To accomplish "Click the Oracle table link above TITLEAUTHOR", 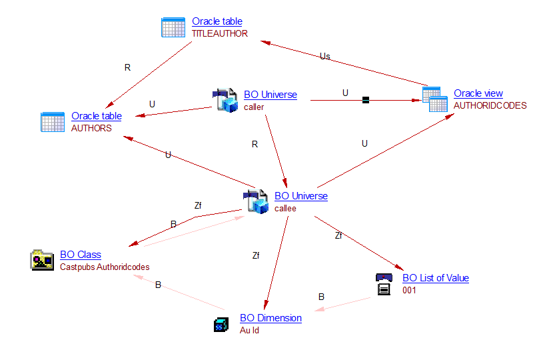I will pyautogui.click(x=217, y=21).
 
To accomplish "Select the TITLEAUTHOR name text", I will pyautogui.click(x=219, y=33).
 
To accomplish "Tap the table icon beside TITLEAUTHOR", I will pyautogui.click(x=173, y=27).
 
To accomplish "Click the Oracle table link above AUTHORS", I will pyautogui.click(x=97, y=116).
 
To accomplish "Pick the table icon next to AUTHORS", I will pyautogui.click(x=53, y=122).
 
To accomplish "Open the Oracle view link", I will pyautogui.click(x=478, y=93).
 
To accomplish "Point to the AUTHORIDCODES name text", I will pyautogui.click(x=490, y=105).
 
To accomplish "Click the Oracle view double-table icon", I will pyautogui.click(x=434, y=99).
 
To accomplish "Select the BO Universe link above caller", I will pyautogui.click(x=271, y=95).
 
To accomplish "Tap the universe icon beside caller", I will pyautogui.click(x=225, y=100).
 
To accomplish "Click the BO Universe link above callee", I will pyautogui.click(x=301, y=196).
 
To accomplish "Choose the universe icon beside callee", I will pyautogui.click(x=256, y=201).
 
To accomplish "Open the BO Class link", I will pyautogui.click(x=81, y=254).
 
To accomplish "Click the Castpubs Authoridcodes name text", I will pyautogui.click(x=105, y=267).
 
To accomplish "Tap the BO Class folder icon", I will pyautogui.click(x=42, y=260).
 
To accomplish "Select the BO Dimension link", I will pyautogui.click(x=271, y=318).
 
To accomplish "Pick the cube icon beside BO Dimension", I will pyautogui.click(x=221, y=325).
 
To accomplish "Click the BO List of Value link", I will pyautogui.click(x=436, y=278).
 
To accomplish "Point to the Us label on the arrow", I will pyautogui.click(x=325, y=56).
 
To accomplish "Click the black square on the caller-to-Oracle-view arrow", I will pyautogui.click(x=365, y=100).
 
